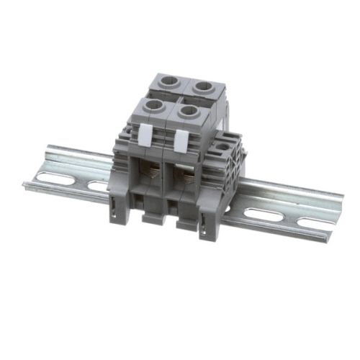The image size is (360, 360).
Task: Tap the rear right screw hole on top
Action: (x=204, y=86)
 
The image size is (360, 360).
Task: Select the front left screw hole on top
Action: (x=154, y=106)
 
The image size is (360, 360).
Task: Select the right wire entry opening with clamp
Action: (x=186, y=181)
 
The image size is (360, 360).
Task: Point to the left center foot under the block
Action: (x=153, y=217)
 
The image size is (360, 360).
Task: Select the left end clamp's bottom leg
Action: (x=119, y=204)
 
